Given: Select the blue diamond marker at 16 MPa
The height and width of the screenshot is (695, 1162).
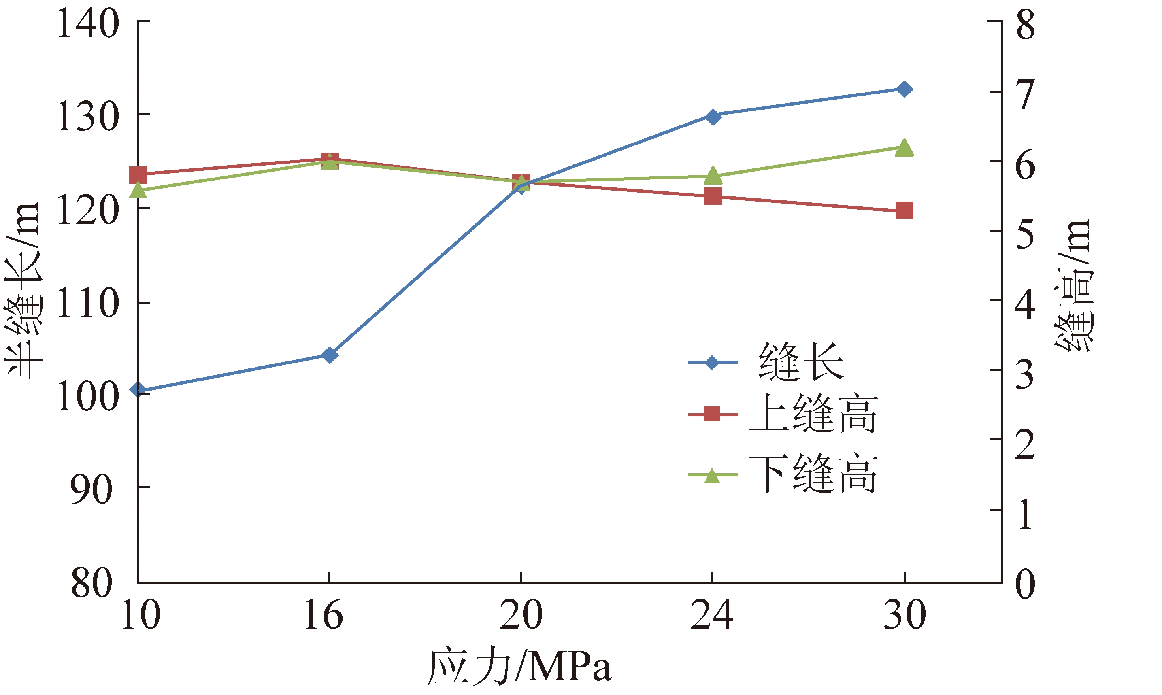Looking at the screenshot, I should point(330,355).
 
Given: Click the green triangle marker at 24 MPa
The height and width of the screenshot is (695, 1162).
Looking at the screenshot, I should point(713,175).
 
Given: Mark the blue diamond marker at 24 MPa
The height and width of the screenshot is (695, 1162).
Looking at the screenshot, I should point(713,117).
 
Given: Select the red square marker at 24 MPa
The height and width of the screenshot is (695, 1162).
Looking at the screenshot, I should point(713,197).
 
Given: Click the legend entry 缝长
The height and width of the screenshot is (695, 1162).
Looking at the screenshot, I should point(801,362).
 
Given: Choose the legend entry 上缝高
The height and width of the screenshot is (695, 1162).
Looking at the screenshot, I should point(812,414).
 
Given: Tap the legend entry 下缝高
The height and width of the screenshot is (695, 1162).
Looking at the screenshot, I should point(812,474).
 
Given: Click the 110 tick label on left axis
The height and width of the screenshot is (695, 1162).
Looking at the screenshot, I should point(88,304).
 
